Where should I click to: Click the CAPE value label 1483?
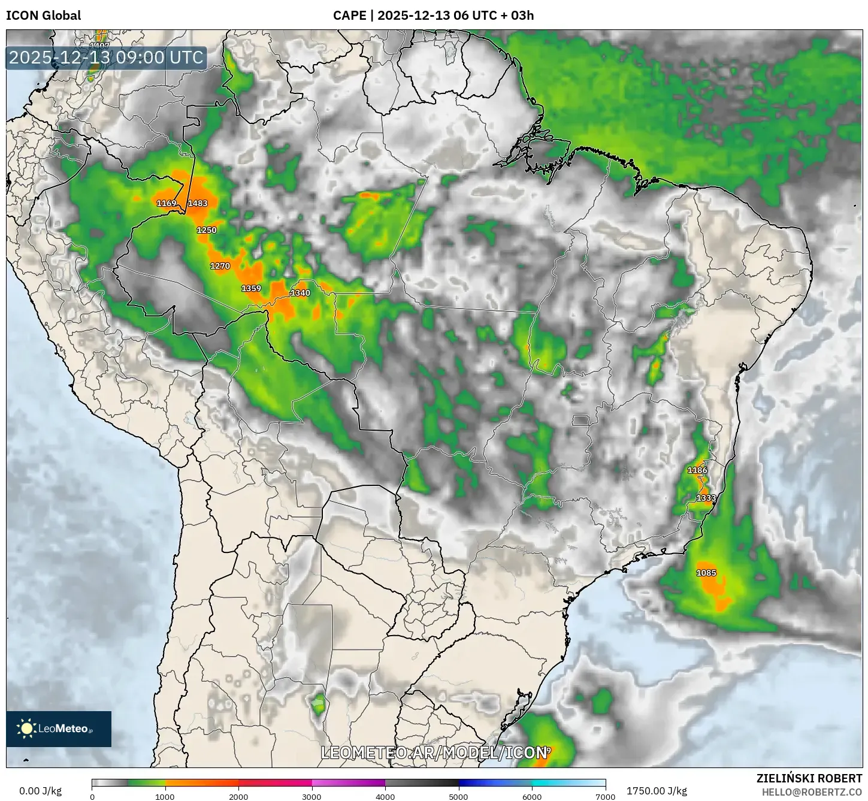click(x=198, y=203)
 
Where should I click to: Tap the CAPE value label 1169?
click(x=167, y=203)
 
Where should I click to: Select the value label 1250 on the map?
click(x=207, y=230)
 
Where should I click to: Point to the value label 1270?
click(x=220, y=266)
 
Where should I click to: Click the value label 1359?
click(x=251, y=288)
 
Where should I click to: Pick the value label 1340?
click(x=300, y=293)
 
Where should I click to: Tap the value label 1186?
click(x=697, y=470)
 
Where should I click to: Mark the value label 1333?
click(x=706, y=498)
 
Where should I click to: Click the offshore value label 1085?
click(x=706, y=573)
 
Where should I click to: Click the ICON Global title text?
click(x=43, y=16)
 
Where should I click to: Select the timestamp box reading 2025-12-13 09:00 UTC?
click(x=106, y=58)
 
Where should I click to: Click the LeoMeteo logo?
click(x=59, y=729)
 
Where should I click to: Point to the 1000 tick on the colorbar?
click(x=165, y=797)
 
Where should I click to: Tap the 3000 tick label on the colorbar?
click(x=311, y=797)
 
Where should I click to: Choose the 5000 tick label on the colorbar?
click(x=458, y=797)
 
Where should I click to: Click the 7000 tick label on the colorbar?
click(x=605, y=797)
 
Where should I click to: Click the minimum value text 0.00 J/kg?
click(x=41, y=791)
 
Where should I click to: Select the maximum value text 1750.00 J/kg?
click(x=657, y=791)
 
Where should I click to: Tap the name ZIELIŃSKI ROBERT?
click(x=809, y=778)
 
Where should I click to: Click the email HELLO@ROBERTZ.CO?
click(x=812, y=792)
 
